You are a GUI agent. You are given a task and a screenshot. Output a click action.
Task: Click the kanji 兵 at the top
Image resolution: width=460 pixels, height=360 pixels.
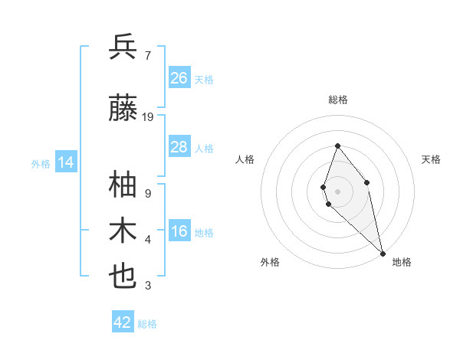click(x=123, y=47)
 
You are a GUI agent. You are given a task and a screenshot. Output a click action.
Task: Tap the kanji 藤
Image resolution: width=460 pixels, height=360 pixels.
click(x=123, y=110)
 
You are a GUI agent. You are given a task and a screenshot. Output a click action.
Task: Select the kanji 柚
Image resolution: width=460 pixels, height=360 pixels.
click(x=123, y=185)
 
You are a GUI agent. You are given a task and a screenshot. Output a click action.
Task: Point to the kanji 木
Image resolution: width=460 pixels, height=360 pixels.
click(x=123, y=231)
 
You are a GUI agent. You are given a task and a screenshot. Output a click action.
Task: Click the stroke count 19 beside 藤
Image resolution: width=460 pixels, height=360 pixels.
click(x=148, y=117)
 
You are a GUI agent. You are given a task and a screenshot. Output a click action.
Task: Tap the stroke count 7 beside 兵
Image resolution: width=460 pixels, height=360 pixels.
click(x=147, y=54)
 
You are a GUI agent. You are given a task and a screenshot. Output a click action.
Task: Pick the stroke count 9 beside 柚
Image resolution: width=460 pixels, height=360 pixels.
click(x=147, y=193)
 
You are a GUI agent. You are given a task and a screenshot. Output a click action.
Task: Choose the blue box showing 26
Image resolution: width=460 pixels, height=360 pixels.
click(x=179, y=78)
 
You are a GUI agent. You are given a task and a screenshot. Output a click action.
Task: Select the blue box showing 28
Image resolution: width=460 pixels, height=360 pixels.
click(x=179, y=147)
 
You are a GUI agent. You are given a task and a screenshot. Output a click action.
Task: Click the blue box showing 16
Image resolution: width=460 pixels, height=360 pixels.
click(x=179, y=232)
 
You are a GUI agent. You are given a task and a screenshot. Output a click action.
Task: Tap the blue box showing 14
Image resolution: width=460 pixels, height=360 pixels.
click(x=66, y=162)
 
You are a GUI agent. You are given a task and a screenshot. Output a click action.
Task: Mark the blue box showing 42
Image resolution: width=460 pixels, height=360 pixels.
click(x=123, y=322)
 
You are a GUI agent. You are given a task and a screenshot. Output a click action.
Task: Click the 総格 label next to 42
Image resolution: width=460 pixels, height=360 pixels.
click(x=147, y=324)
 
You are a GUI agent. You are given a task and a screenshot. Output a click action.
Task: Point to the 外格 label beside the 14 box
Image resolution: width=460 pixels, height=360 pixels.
click(x=41, y=163)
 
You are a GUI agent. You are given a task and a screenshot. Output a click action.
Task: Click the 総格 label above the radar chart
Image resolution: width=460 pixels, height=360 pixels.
click(x=337, y=100)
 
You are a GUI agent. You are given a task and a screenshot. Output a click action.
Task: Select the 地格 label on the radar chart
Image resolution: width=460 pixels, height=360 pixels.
click(x=402, y=262)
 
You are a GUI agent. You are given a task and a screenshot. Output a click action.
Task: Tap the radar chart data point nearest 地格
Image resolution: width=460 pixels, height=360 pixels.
click(x=383, y=253)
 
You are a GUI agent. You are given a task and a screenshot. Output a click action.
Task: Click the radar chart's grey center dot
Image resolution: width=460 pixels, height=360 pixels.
click(x=337, y=191)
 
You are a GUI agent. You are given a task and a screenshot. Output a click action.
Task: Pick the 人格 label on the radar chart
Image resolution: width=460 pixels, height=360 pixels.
click(x=245, y=159)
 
